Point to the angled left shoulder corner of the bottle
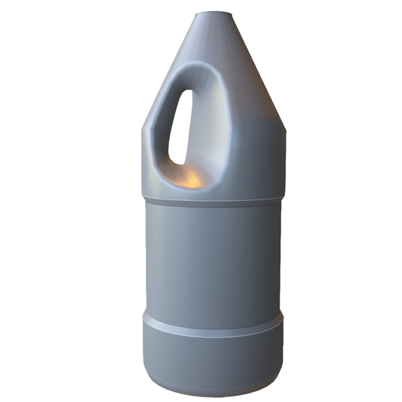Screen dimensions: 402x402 pos(146,129)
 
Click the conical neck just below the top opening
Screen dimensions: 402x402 pos(214,35)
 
